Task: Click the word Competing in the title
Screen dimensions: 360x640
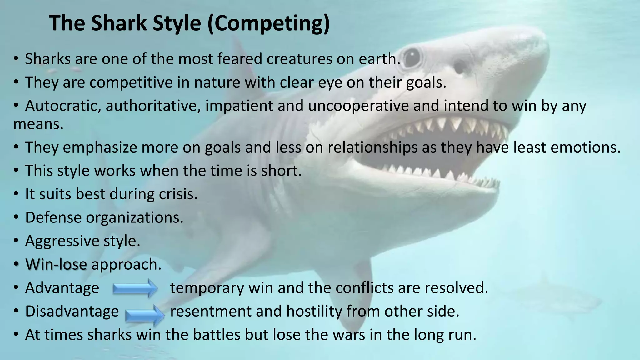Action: (x=268, y=23)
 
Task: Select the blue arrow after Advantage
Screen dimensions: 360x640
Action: (x=135, y=288)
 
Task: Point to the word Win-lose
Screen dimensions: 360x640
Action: (x=56, y=264)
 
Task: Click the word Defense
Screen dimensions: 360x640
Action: (x=53, y=217)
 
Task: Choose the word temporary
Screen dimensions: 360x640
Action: (x=207, y=288)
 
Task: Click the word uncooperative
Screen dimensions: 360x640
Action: (x=358, y=106)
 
